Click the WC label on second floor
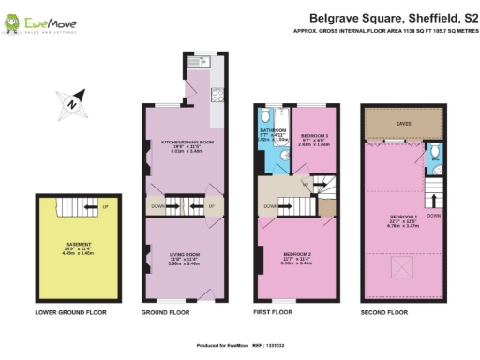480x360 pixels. click(x=436, y=157)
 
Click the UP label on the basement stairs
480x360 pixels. click(x=104, y=207)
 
